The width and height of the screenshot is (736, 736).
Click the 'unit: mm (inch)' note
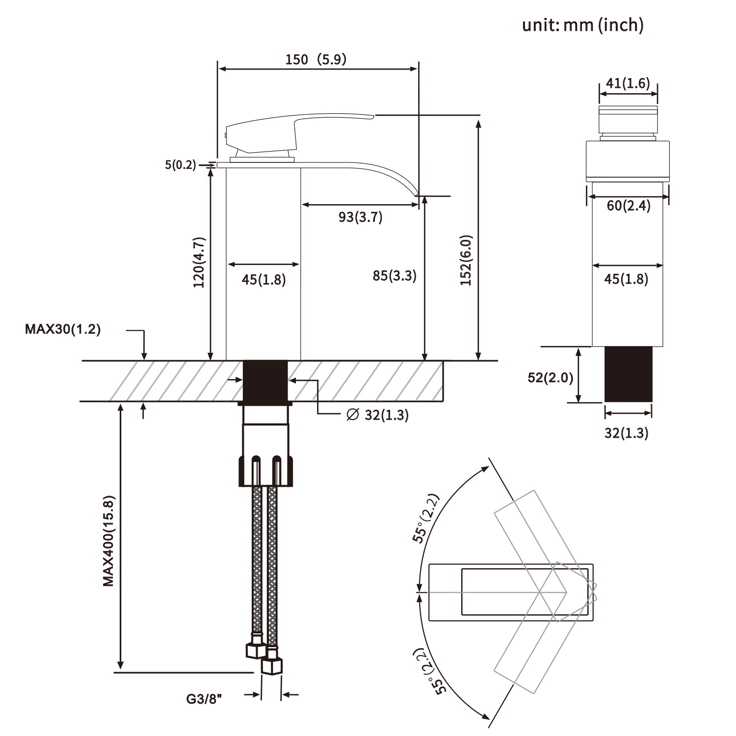click(582, 25)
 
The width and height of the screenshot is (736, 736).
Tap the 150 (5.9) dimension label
click(316, 59)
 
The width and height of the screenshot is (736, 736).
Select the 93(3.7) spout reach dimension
click(361, 216)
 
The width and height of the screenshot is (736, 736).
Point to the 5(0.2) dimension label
click(180, 165)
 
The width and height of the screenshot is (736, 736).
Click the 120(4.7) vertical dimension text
click(199, 262)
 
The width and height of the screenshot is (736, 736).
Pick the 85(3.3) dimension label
click(394, 276)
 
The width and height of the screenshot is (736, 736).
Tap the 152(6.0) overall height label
click(466, 260)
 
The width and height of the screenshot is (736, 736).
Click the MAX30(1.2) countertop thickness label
click(63, 329)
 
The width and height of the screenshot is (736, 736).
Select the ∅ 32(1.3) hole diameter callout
click(377, 415)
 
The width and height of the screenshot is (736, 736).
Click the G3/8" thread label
click(204, 698)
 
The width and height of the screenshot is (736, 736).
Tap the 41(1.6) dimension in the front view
click(628, 83)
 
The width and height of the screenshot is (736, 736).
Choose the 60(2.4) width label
click(629, 206)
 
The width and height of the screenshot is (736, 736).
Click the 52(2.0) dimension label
click(551, 377)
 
